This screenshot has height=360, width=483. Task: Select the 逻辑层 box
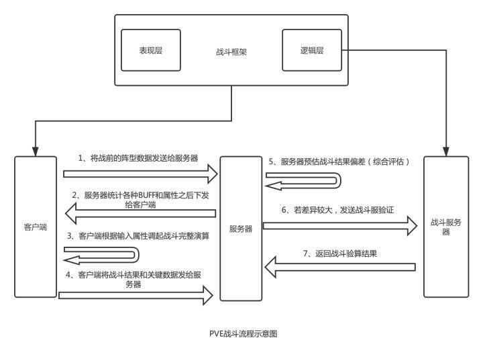pos(312,50)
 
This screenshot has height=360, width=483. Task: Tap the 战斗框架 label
pos(231,51)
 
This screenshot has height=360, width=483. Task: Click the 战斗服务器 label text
pos(445,226)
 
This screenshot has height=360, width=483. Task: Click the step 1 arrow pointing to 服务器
pos(141,174)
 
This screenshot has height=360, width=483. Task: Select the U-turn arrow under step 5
pos(303,179)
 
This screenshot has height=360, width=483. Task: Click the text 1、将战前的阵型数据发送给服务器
pos(138,158)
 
